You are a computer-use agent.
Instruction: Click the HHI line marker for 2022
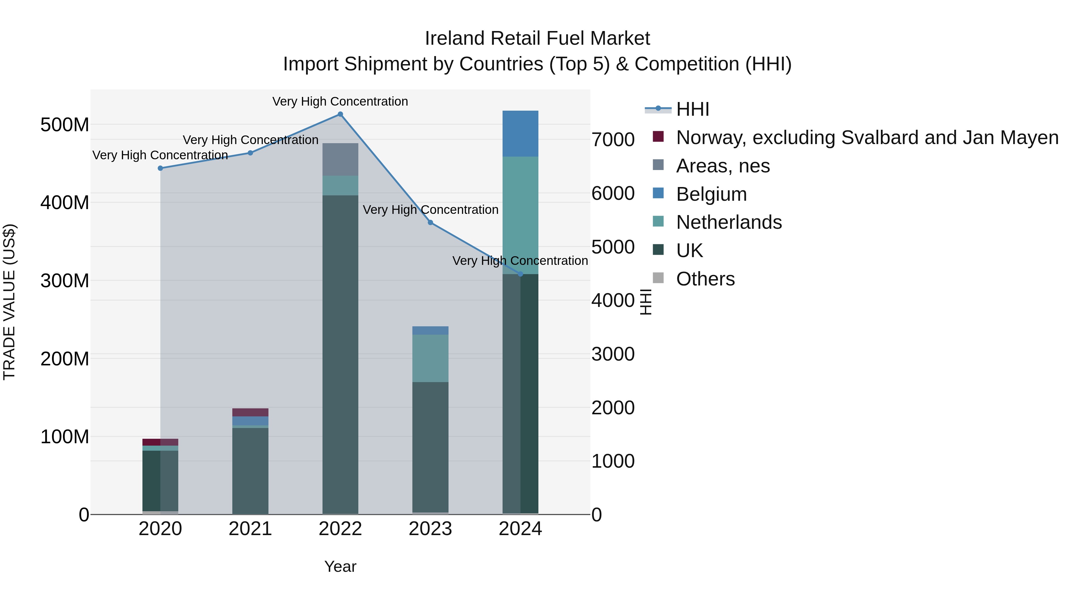coord(340,114)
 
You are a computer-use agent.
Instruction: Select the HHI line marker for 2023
coord(430,223)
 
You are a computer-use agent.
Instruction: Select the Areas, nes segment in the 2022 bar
coord(340,159)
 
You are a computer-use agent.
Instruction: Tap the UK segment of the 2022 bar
coord(340,354)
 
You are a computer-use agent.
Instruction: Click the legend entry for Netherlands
coord(729,222)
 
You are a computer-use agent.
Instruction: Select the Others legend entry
coord(705,279)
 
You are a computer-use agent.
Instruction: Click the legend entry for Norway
coord(867,138)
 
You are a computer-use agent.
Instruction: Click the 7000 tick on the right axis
coord(613,140)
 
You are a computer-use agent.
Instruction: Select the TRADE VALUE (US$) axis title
coord(9,302)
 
